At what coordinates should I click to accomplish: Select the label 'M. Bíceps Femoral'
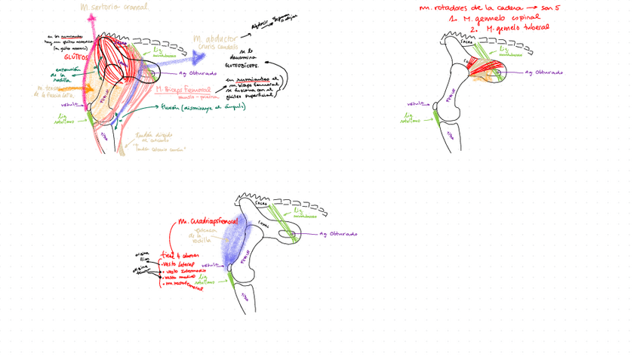[181, 89]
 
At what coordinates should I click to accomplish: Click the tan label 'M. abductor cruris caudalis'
[216, 42]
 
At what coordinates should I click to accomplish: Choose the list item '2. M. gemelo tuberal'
[506, 28]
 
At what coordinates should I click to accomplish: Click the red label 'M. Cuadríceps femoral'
[208, 222]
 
